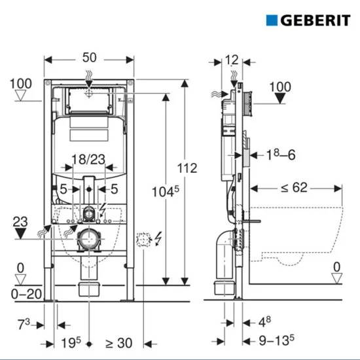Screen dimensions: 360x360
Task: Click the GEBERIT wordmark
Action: click(x=315, y=19)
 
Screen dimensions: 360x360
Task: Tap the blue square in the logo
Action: click(x=273, y=19)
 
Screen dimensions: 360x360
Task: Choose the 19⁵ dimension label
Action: click(x=71, y=344)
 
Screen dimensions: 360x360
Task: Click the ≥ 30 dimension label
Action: click(x=118, y=344)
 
